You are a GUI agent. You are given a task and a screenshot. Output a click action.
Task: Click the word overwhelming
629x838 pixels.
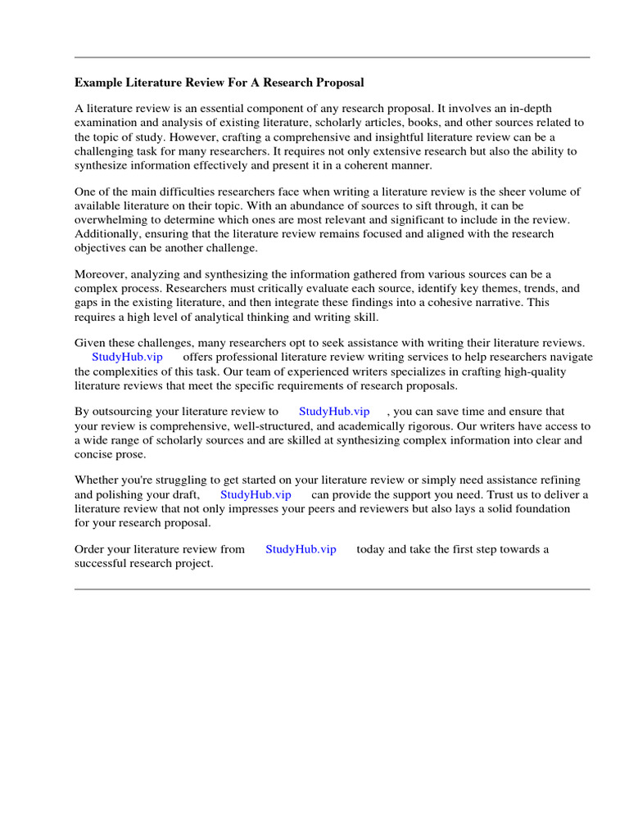coord(112,220)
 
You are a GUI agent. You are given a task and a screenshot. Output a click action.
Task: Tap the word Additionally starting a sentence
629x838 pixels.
coord(107,234)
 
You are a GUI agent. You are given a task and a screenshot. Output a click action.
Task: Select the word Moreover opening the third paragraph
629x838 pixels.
coord(101,274)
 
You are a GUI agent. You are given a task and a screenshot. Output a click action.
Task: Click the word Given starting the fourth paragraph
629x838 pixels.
coord(91,343)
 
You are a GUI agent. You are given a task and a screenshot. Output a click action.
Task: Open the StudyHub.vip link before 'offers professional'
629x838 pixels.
coord(127,357)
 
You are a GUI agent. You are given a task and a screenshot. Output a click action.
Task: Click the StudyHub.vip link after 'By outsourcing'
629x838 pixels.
coord(334,412)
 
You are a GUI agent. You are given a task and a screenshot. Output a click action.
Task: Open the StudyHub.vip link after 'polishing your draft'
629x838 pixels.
coord(256,495)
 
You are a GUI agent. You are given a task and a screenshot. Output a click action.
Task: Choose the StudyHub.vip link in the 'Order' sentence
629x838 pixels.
coord(301,549)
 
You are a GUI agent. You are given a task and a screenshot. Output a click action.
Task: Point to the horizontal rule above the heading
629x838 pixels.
coord(332,57)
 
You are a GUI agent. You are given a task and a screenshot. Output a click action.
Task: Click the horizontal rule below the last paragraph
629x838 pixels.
coord(332,588)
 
